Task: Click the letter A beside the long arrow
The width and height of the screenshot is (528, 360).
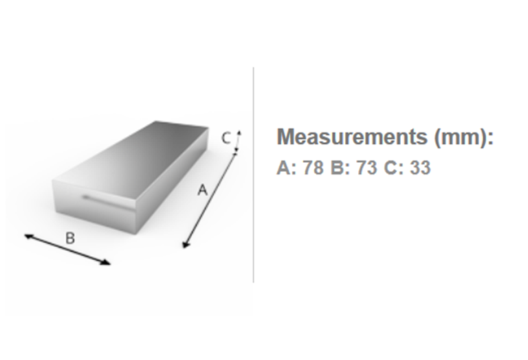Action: pyautogui.click(x=202, y=190)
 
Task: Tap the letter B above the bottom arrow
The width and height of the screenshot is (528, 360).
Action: pyautogui.click(x=70, y=238)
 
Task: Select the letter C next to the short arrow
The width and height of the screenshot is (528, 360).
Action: pyautogui.click(x=226, y=138)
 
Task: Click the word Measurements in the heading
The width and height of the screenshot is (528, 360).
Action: pyautogui.click(x=352, y=137)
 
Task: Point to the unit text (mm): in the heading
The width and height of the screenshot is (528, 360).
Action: pyautogui.click(x=463, y=137)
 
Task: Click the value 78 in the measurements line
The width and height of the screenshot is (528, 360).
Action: pyautogui.click(x=313, y=167)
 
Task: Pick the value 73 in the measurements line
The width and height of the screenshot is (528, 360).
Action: pyautogui.click(x=366, y=167)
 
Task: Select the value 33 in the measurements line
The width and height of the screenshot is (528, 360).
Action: pyautogui.click(x=420, y=167)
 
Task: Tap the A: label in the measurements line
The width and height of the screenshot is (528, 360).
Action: pyautogui.click(x=286, y=167)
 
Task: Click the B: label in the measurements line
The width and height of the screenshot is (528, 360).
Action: pyautogui.click(x=340, y=167)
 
